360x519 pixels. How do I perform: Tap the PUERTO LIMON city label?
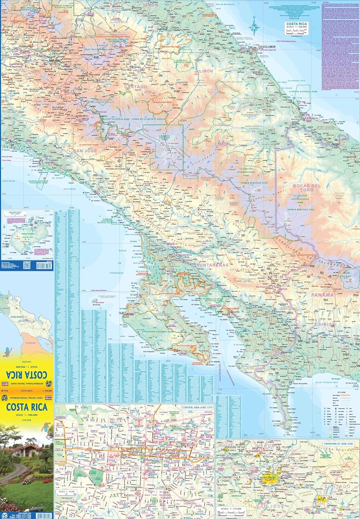coord(267,46)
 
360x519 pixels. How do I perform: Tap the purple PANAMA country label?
coord(322,295)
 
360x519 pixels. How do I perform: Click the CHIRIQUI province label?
coord(325,324)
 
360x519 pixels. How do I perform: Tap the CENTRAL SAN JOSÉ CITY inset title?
coord(196,408)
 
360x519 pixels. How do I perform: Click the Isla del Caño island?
coord(94,300)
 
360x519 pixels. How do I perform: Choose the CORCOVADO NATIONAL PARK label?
coord(157,331)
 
